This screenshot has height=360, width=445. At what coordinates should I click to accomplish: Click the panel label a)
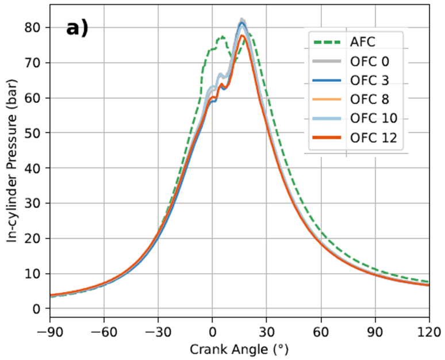[76, 28]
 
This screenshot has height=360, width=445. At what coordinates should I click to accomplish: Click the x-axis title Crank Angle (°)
[240, 348]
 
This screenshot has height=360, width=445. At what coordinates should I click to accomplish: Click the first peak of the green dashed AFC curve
[222, 37]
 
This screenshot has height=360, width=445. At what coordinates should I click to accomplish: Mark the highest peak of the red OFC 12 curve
[243, 36]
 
